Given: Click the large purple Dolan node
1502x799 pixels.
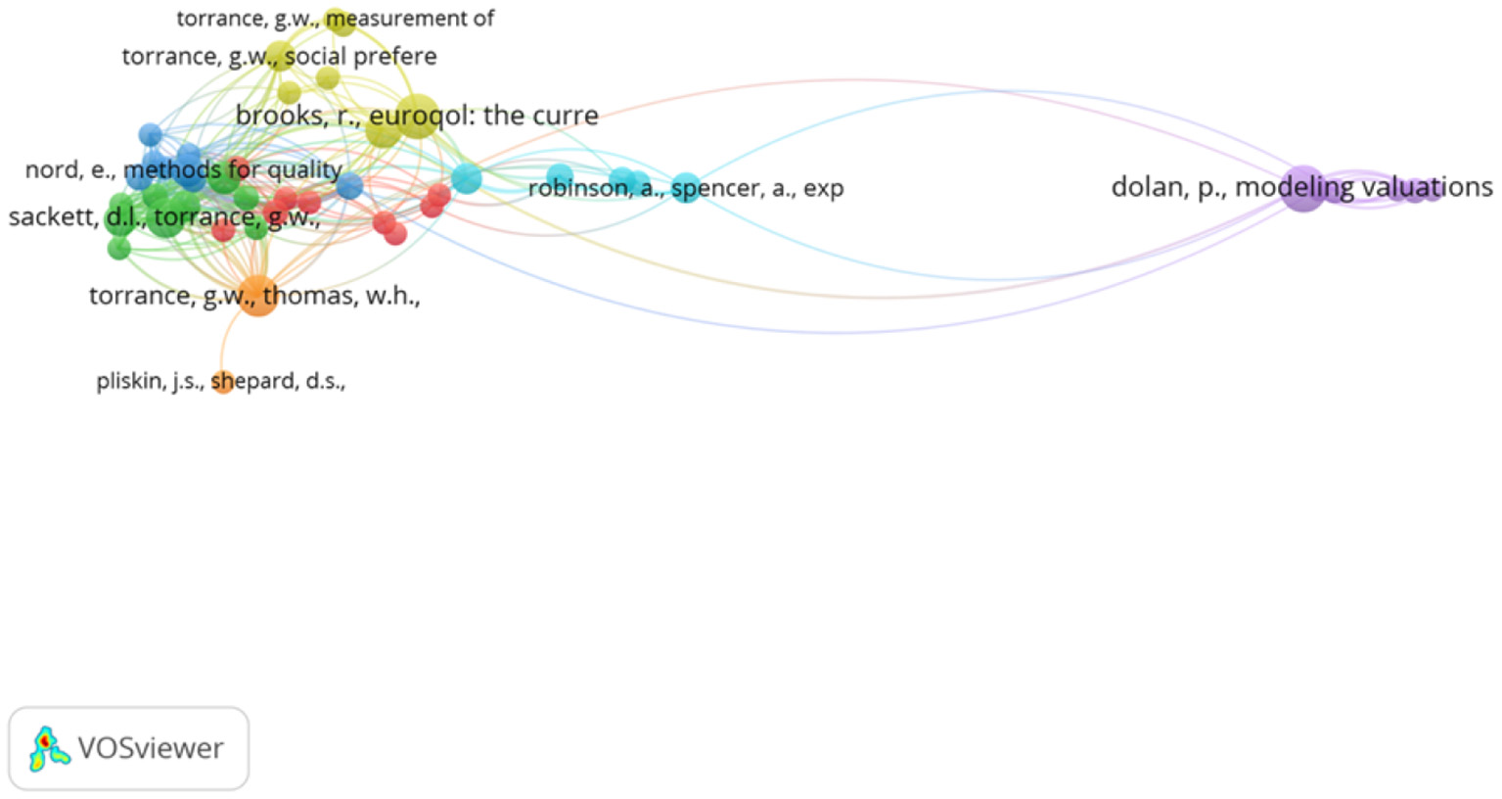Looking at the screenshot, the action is click(x=1302, y=188).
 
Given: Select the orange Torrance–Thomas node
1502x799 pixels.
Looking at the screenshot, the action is click(x=257, y=295).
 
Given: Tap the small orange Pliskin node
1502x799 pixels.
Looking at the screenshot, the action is click(x=223, y=382).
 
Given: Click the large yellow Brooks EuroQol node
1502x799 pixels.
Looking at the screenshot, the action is click(x=417, y=116).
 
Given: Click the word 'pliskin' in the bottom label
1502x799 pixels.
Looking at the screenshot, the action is click(x=128, y=381).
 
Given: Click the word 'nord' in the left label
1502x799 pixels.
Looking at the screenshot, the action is click(x=51, y=170).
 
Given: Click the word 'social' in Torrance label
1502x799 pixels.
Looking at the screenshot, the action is click(x=315, y=57).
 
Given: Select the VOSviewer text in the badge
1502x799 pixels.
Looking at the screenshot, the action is click(x=151, y=748).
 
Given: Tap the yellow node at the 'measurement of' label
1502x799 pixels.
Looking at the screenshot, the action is click(x=339, y=21).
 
